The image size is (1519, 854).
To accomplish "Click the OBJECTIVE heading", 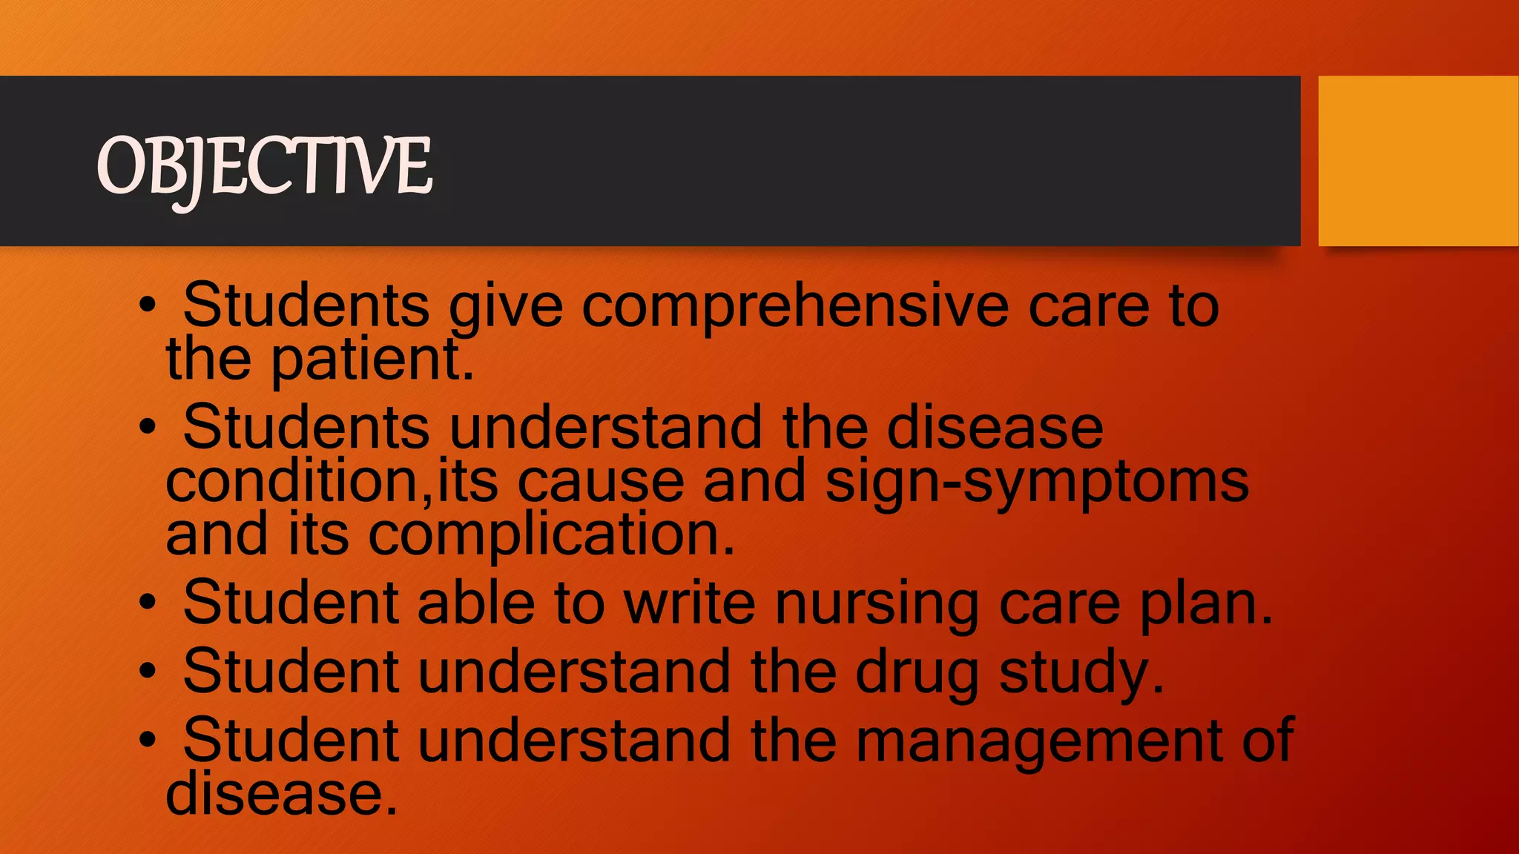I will coord(264,166).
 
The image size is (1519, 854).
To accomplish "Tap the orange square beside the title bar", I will coord(1417,161).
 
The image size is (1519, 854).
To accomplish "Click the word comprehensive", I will coord(794,307).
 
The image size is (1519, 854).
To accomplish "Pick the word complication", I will coord(551,535).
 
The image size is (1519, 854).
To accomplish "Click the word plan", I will coord(1205,604).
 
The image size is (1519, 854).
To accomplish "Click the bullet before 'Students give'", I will coord(148,305).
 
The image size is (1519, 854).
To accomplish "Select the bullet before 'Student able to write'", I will coord(148,603).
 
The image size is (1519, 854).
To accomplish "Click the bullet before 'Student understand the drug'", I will coord(148,671).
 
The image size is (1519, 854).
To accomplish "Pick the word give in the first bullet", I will coord(506,307).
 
